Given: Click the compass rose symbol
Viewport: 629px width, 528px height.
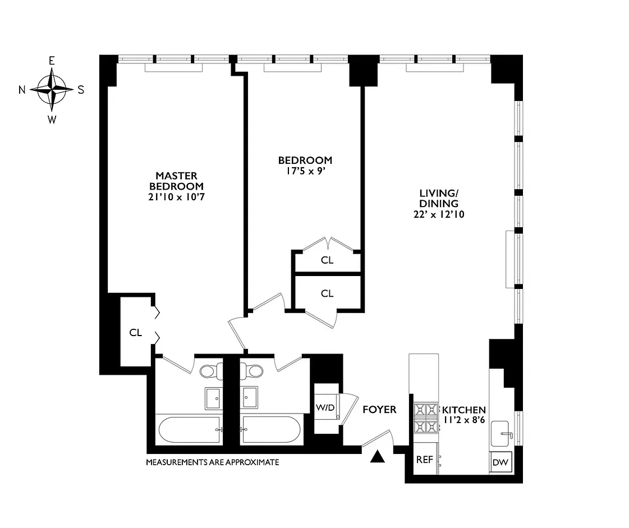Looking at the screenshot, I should click(52, 90).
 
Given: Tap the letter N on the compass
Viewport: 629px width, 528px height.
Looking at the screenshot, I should click(22, 90).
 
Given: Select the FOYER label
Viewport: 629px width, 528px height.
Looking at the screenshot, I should click(379, 410).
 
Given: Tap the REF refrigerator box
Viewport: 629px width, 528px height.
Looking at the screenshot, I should click(424, 460).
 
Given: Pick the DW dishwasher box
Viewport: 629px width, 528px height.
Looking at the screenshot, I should click(501, 463).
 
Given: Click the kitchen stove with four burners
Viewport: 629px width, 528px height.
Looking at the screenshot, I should click(426, 419).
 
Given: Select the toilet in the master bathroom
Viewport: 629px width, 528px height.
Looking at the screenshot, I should click(208, 371).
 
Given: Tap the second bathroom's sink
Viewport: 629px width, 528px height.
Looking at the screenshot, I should click(250, 397).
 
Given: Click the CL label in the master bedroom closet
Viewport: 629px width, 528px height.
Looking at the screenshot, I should click(136, 333).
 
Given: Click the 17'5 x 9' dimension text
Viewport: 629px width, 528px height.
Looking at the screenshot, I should click(305, 171).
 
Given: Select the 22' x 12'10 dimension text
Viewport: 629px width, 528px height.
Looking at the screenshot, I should click(438, 214).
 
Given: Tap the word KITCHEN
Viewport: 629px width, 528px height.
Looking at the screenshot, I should click(463, 410).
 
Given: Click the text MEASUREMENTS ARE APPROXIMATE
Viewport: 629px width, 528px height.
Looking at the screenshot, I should click(213, 462).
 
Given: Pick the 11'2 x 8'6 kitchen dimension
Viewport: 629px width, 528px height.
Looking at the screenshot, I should click(463, 420).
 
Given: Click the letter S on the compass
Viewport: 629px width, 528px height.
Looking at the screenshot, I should click(81, 90).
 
